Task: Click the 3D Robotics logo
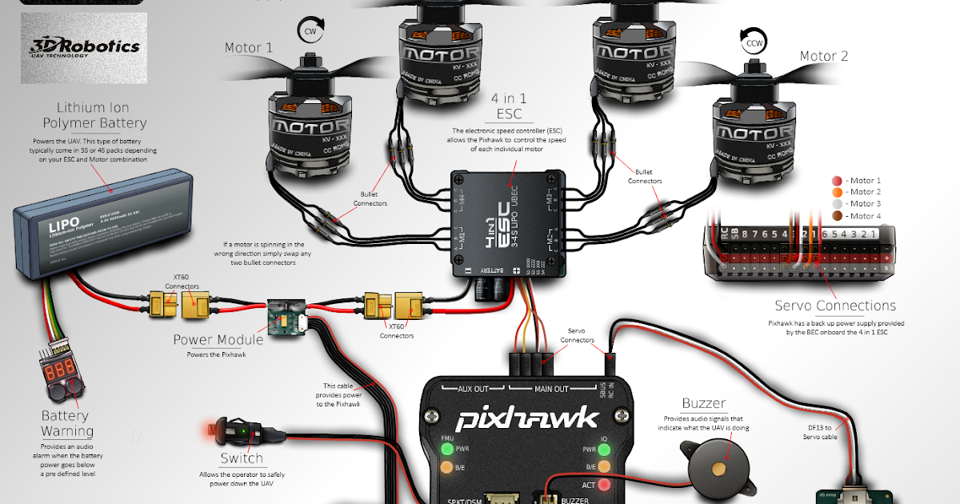point(84,48)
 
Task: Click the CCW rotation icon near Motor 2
point(753,44)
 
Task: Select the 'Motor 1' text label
point(248,48)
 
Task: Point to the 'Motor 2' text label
point(824,56)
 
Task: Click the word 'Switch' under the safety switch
point(241,458)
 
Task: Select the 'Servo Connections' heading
point(835,306)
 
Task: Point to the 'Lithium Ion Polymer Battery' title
point(93,115)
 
